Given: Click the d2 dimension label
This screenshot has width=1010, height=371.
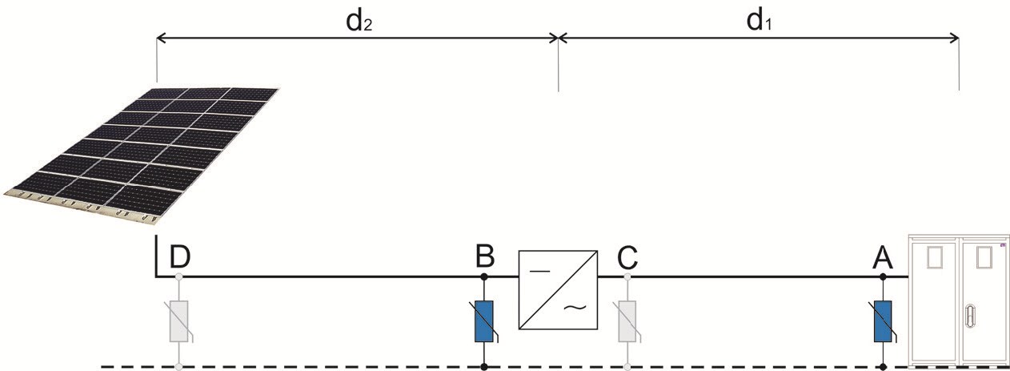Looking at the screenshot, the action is [x=359, y=21].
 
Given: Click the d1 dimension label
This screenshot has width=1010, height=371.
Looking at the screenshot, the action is [x=759, y=21].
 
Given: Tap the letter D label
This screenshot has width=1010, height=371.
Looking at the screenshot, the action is [x=180, y=257].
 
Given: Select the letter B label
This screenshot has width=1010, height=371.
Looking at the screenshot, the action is [x=485, y=256].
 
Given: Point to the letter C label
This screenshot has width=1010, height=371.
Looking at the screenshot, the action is [x=627, y=257].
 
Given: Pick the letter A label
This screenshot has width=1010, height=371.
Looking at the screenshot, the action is [x=883, y=258].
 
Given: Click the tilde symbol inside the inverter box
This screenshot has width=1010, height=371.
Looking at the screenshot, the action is [x=575, y=308].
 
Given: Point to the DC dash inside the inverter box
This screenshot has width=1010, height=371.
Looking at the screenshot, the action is [x=539, y=271].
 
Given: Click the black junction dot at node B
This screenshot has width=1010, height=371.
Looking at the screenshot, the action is [x=484, y=276].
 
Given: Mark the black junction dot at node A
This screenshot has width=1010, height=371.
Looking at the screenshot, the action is [x=883, y=276].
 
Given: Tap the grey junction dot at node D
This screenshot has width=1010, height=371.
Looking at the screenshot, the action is [x=179, y=276].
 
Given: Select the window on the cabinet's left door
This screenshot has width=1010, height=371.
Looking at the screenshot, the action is [x=934, y=258].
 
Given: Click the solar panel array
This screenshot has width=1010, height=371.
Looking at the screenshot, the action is [x=141, y=155].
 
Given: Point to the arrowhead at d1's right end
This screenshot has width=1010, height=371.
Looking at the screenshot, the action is [x=954, y=38].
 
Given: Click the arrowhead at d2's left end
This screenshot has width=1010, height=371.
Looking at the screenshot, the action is [x=161, y=38].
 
